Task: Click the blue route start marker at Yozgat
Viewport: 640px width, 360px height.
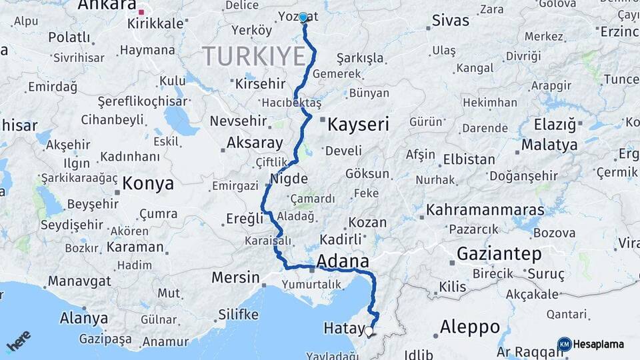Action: point(303,17)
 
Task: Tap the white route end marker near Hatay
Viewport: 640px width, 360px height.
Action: point(369,330)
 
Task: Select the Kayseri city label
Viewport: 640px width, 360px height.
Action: point(358,124)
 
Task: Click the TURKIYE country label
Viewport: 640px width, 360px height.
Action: point(253,56)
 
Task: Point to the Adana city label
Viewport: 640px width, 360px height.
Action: point(343,260)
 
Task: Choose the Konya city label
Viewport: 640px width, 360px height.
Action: point(148,184)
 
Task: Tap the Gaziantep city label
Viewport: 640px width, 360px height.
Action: point(499,253)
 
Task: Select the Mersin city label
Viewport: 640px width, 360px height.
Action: point(235,277)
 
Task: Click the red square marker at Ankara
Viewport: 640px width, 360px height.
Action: point(141,12)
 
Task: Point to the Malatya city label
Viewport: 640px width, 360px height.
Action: point(549,145)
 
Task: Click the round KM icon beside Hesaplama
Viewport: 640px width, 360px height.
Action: point(564,344)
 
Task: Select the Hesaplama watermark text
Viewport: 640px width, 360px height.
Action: point(599,345)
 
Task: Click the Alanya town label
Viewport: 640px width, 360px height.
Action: point(84,318)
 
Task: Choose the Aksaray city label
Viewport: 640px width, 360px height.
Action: point(255,142)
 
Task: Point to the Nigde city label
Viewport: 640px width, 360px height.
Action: point(289,179)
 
